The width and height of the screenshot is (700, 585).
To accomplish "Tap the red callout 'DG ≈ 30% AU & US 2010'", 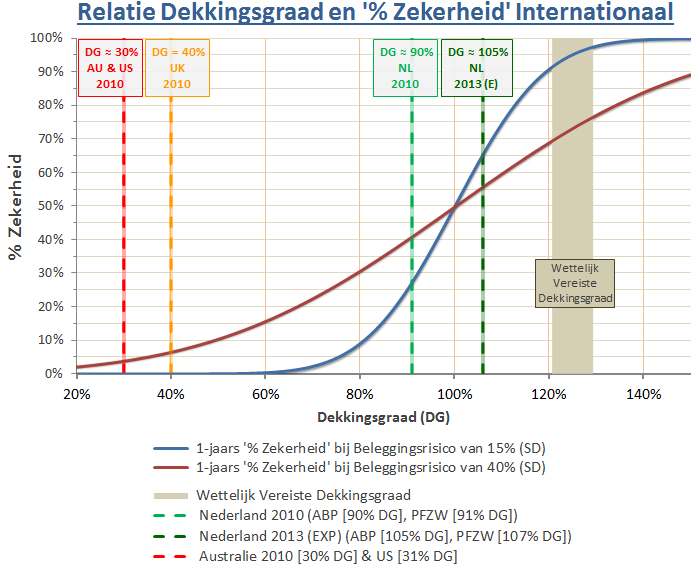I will tap(110, 67).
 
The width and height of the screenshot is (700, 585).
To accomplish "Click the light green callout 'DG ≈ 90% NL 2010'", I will tap(405, 67).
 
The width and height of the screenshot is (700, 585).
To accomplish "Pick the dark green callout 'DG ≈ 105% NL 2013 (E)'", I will tap(477, 67).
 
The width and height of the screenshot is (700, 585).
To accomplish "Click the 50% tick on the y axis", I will tap(51, 206).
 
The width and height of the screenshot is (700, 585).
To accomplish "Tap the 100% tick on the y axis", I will tap(48, 38).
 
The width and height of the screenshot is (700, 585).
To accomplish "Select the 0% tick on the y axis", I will tap(54, 374).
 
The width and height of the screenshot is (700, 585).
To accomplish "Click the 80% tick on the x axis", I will tap(360, 393).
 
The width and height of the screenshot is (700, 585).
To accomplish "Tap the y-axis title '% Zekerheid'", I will tap(16, 206).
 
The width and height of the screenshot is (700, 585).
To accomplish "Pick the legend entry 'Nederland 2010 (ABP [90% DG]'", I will tap(357, 516).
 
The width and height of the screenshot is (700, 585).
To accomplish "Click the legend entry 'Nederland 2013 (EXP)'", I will tap(384, 536).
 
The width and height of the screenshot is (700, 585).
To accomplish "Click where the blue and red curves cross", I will tap(454, 207).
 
